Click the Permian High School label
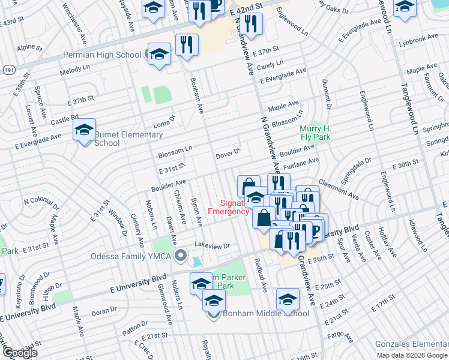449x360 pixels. click(x=102, y=55)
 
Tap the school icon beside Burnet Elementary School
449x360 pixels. click(x=85, y=130)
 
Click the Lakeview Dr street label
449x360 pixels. click(x=212, y=246)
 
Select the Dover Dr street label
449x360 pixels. click(x=228, y=155)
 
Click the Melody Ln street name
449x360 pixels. click(x=74, y=71)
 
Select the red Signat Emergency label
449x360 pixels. click(x=228, y=207)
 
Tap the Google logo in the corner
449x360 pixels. click(x=20, y=353)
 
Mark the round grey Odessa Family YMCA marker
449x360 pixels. click(x=179, y=257)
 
